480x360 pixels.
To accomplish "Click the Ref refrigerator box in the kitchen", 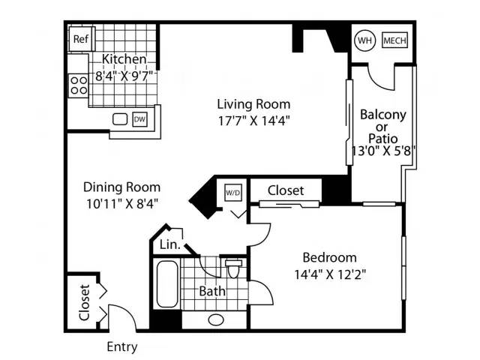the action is [x=81, y=39].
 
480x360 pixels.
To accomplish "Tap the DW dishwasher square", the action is [x=139, y=119].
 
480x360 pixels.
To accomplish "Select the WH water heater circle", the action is [x=364, y=40].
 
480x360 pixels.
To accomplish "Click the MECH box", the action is [x=394, y=40].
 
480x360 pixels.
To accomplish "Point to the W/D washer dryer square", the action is [x=233, y=193].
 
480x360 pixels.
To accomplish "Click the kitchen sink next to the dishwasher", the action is [x=120, y=119].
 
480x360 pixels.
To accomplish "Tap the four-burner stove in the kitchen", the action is [x=78, y=85].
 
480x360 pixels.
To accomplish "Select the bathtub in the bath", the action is [x=167, y=283].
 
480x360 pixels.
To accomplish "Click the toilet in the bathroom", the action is [x=233, y=268].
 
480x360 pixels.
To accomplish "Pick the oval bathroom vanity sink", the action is [x=216, y=320].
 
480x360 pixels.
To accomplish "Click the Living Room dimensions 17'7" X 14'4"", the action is [x=253, y=121].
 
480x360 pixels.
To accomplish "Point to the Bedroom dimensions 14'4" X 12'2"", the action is [x=330, y=274].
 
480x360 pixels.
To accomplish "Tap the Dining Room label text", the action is [x=121, y=187].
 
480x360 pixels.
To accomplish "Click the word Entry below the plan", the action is [x=122, y=347].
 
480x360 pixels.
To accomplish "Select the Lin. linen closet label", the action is [x=170, y=244].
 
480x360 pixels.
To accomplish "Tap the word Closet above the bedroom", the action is [x=286, y=190].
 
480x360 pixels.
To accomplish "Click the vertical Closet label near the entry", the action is [x=84, y=302].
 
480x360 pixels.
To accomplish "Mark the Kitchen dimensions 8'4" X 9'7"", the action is [x=124, y=76].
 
